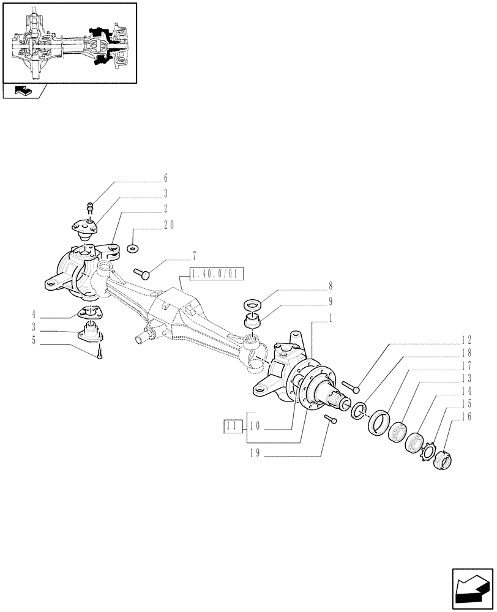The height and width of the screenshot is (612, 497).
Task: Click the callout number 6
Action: coord(165,179)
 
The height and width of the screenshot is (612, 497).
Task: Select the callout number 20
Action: coord(169,225)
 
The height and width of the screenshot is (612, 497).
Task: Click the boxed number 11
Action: coord(232,426)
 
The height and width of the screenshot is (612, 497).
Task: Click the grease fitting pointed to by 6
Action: coord(89,206)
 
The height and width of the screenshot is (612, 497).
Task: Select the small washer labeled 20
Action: coord(133,248)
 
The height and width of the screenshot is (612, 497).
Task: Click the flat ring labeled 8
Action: coord(252,304)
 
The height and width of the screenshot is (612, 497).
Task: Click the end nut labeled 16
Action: coord(442,459)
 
